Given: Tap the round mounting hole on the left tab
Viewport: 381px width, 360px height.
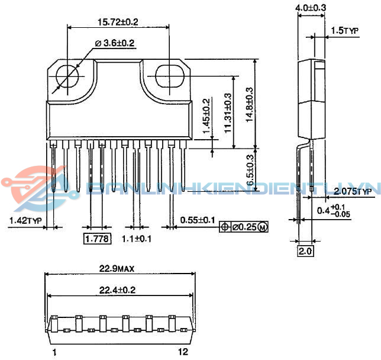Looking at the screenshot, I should click(x=68, y=76).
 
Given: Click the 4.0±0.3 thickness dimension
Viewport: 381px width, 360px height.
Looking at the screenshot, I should click(x=311, y=7).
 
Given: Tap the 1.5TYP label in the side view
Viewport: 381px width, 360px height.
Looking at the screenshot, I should click(x=346, y=31).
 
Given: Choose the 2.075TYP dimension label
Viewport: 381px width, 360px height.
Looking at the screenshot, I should click(x=353, y=191).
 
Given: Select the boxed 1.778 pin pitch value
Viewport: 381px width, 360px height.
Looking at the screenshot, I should click(x=96, y=239).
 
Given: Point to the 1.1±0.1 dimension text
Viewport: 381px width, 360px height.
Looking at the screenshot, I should click(x=137, y=239).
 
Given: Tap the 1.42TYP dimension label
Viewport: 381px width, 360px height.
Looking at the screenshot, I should click(x=25, y=220).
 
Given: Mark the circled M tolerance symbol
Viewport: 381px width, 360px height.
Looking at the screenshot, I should click(x=263, y=227).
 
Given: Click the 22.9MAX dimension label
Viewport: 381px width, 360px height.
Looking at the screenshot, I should click(x=117, y=268).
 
